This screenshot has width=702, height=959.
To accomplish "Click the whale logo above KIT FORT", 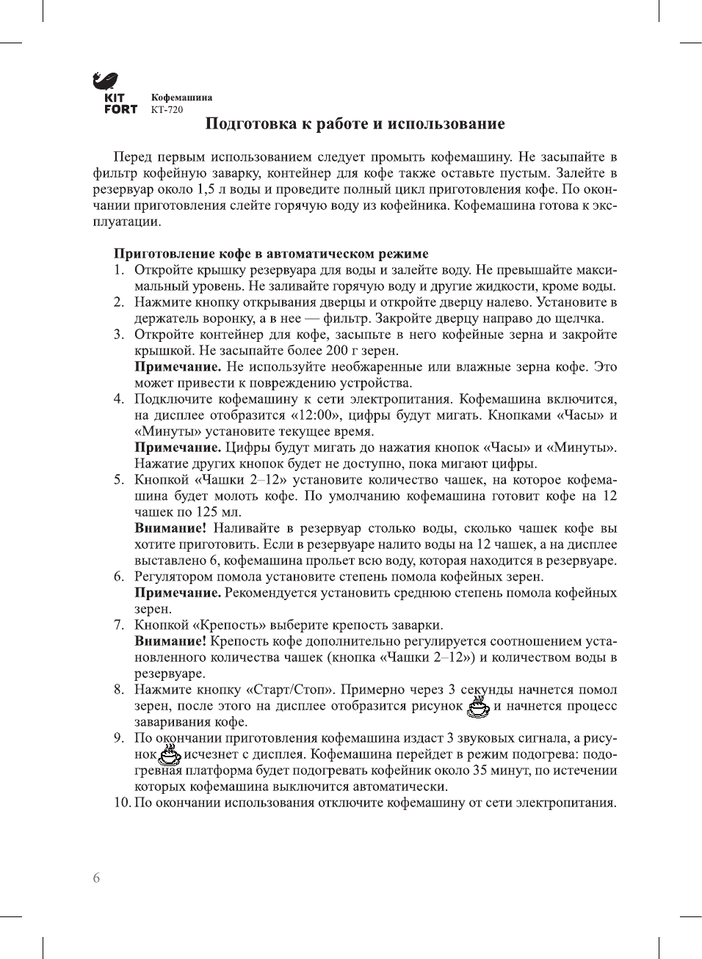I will [106, 81].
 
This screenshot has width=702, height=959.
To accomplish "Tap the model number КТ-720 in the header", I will [167, 110].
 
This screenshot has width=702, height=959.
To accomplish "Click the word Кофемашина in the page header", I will [181, 98].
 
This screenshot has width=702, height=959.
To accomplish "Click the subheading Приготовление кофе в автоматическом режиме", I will [270, 254].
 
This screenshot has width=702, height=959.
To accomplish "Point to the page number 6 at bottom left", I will [96, 878].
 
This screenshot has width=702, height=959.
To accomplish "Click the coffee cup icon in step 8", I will [479, 707].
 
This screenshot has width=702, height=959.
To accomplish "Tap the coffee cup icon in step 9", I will [169, 754].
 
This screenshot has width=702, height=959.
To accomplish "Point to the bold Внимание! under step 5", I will [170, 528].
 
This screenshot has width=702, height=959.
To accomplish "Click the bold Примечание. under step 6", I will [178, 593].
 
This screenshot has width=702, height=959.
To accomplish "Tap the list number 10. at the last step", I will [122, 803].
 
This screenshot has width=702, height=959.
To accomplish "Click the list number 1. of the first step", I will [118, 270].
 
